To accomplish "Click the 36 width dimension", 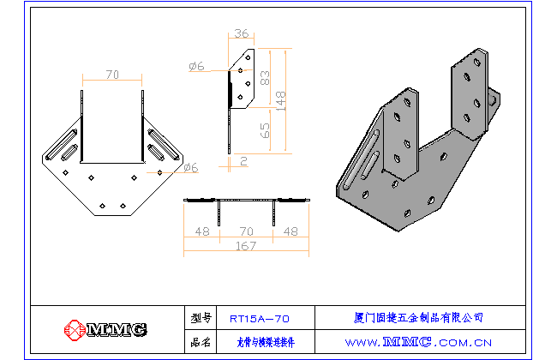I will click(241, 34).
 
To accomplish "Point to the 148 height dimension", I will click(282, 99).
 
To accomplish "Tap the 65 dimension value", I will click(265, 130).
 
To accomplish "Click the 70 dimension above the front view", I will click(112, 75).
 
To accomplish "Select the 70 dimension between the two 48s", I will click(247, 231).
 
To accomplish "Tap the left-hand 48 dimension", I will click(203, 231).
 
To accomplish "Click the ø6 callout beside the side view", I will click(196, 66).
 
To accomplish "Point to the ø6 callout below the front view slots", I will click(190, 168).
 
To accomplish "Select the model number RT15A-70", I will click(260, 318).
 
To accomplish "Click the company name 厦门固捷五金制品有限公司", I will click(419, 318).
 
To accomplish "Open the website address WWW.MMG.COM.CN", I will click(419, 342).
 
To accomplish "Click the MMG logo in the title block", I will click(105, 329).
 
